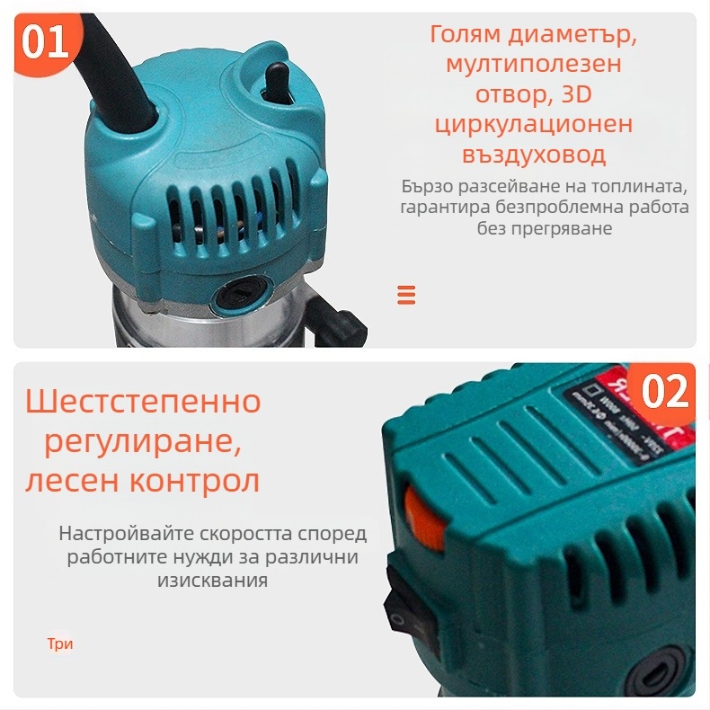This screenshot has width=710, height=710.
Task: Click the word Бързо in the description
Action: click(429, 188)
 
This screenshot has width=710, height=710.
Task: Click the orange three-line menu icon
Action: click(406, 295)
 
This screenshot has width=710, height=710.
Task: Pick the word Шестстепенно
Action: click(143, 402)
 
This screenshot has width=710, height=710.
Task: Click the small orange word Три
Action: click(60, 644)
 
